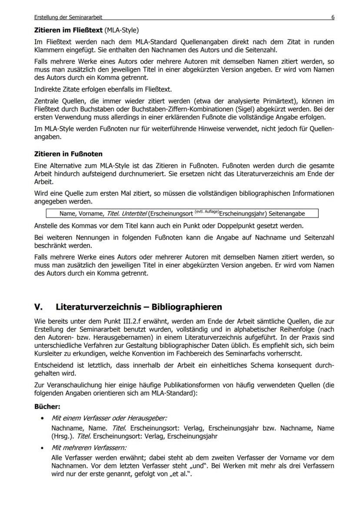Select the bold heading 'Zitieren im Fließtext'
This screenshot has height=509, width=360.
click(x=69, y=30)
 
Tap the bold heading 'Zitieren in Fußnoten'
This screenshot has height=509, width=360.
click(x=68, y=154)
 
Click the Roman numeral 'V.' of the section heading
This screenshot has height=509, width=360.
click(x=38, y=307)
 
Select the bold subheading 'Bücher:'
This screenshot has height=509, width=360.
click(x=47, y=407)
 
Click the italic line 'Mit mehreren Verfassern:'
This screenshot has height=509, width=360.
click(x=89, y=447)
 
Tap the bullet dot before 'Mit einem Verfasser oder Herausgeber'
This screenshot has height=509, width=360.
click(x=42, y=418)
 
